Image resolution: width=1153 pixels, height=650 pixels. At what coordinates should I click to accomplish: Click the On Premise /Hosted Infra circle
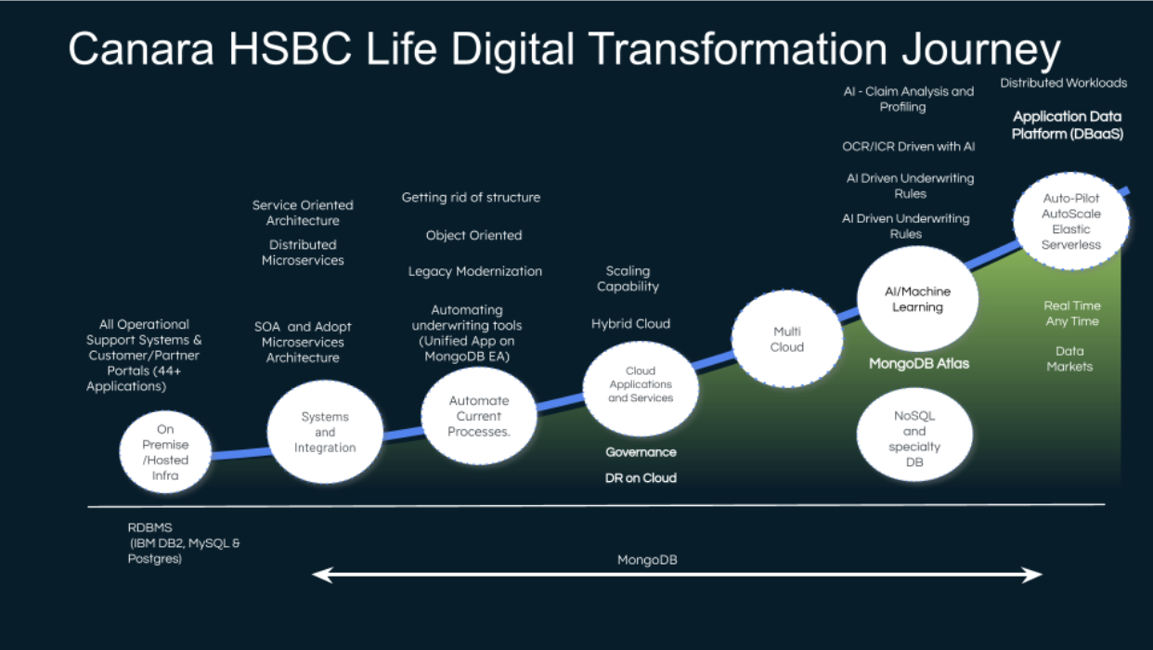[165, 452]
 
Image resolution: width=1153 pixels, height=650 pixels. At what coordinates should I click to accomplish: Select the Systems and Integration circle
[325, 433]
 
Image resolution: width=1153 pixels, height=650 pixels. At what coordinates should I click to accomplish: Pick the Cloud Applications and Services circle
[641, 383]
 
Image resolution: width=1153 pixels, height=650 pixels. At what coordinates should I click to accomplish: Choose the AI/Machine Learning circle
[917, 299]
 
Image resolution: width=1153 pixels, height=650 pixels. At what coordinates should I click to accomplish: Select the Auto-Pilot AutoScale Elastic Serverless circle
[1071, 222]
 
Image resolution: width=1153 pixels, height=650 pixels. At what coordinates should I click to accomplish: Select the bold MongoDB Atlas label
[918, 364]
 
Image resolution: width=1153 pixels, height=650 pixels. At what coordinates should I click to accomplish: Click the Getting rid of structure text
[471, 197]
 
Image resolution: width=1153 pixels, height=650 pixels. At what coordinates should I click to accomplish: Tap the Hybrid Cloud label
[630, 324]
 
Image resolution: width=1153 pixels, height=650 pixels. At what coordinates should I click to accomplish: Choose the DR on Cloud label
[641, 478]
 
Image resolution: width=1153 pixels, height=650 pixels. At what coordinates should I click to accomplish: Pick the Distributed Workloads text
[1063, 84]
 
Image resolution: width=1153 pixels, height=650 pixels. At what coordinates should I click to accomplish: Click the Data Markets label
[1069, 358]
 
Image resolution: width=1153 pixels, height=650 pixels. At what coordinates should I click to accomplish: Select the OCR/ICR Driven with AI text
[908, 147]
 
